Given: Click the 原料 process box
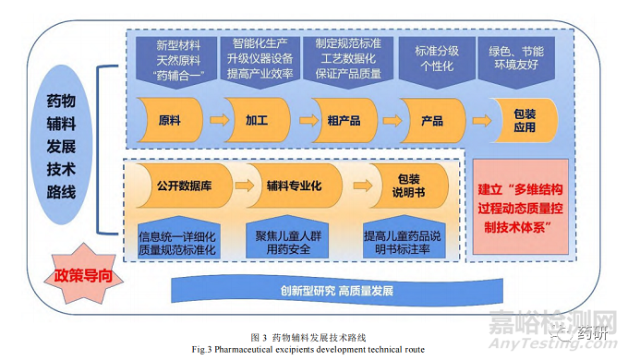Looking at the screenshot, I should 169,120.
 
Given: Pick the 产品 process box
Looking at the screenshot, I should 431,120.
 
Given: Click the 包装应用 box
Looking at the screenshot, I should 524,120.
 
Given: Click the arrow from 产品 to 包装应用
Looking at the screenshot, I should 478,120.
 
